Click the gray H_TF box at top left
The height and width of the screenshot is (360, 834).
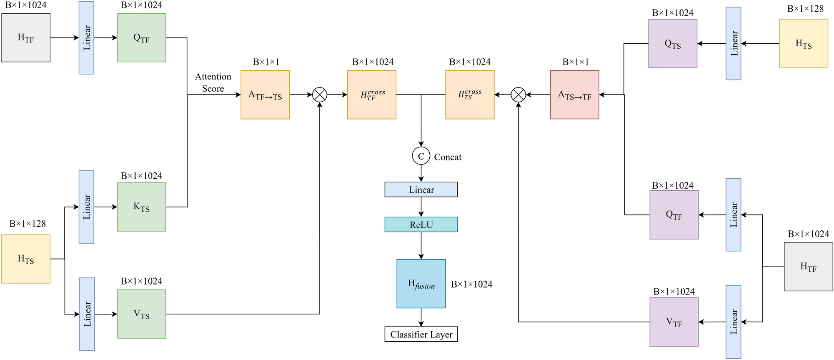coord(26,38)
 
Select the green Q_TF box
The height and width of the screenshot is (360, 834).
coord(141,38)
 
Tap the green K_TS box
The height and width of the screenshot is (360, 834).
coord(141,207)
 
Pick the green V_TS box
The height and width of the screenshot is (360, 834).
coord(141,314)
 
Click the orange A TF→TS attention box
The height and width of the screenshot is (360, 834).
coord(265,95)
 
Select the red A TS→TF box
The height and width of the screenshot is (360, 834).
coord(574,95)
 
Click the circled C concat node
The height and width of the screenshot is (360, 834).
coord(421,156)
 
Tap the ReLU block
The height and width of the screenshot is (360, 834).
coord(421,225)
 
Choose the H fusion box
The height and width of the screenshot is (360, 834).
coord(421,284)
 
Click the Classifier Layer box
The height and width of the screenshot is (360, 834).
coord(421,334)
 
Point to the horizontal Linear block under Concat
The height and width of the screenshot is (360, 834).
coord(421,190)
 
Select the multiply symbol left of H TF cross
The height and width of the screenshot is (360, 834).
coord(320,95)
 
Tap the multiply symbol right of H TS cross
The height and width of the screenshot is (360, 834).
coord(518,95)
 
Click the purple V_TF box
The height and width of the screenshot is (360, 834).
coord(674,322)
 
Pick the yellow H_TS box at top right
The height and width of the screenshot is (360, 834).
coord(803,43)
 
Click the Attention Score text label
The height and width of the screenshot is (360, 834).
coord(213,82)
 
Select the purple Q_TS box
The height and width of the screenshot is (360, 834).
coord(673,43)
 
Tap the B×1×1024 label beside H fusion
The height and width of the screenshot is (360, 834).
coord(471,284)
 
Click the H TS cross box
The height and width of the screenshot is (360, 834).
coord(470,95)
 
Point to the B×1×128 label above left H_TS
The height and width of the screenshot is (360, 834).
coord(28,224)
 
